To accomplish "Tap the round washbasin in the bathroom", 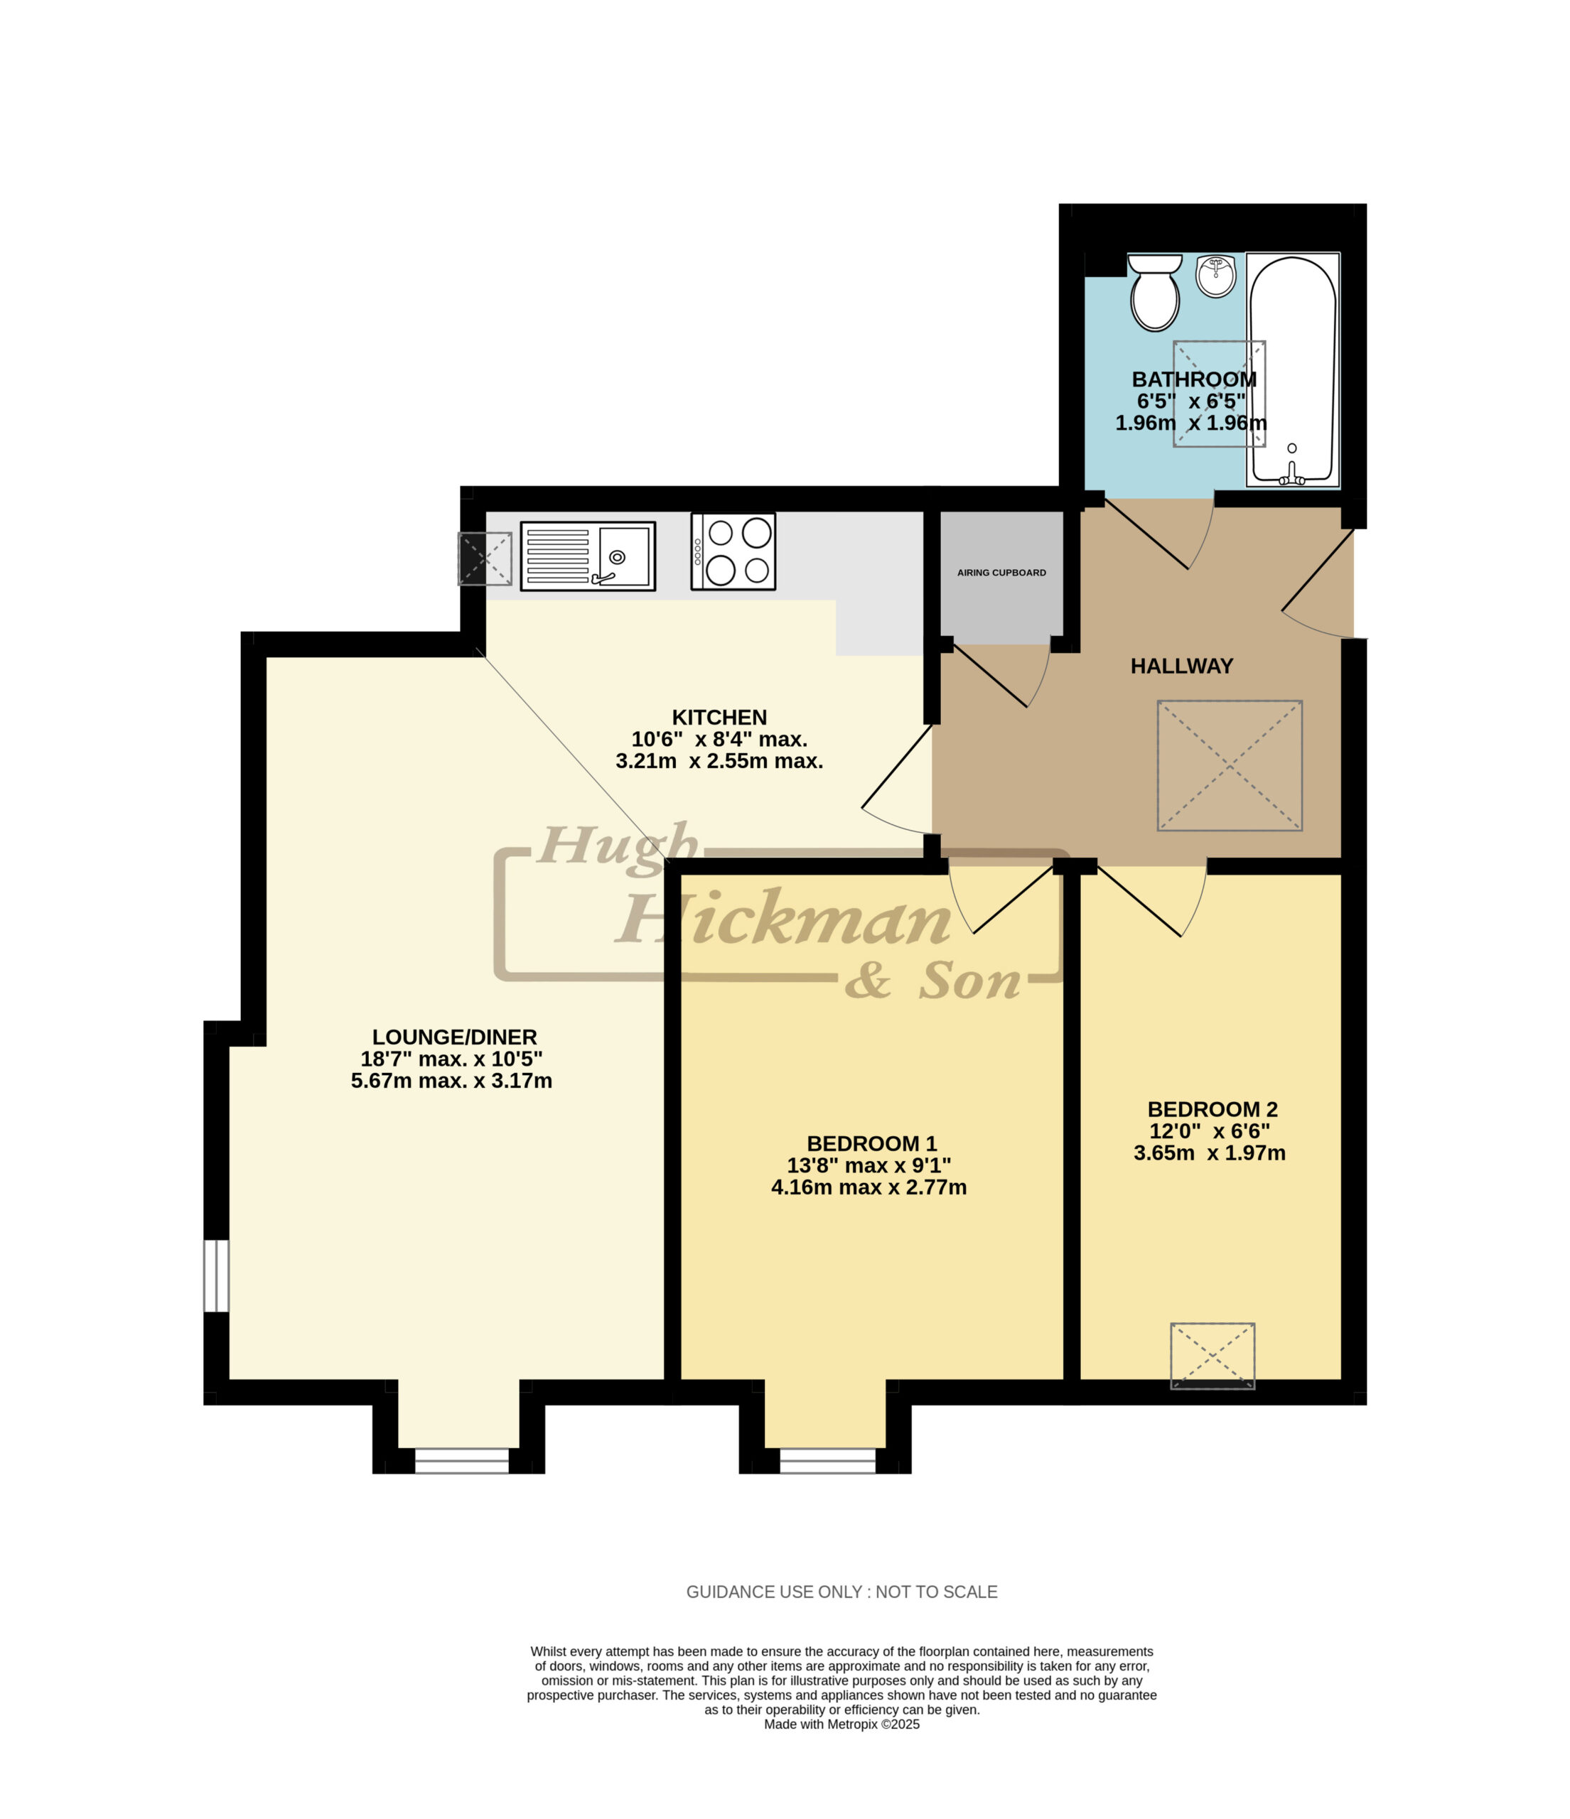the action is point(1215,276).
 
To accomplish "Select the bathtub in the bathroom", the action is point(1293,370).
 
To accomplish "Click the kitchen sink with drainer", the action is point(588,556).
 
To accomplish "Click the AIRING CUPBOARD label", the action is point(1001,573).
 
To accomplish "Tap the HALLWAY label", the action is point(1181,666).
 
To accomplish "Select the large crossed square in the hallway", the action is point(1230,765).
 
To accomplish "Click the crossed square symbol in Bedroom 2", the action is point(1213,1356).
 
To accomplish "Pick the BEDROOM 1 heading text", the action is point(872,1144).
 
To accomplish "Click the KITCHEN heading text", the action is point(719,717).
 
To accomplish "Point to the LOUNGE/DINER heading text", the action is point(454,1037).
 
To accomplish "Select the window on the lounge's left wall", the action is point(216,1275).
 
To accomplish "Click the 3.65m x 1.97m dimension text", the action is point(1209,1153).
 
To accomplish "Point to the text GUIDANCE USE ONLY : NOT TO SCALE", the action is point(842,1592).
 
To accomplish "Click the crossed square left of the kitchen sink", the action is point(485,558).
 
